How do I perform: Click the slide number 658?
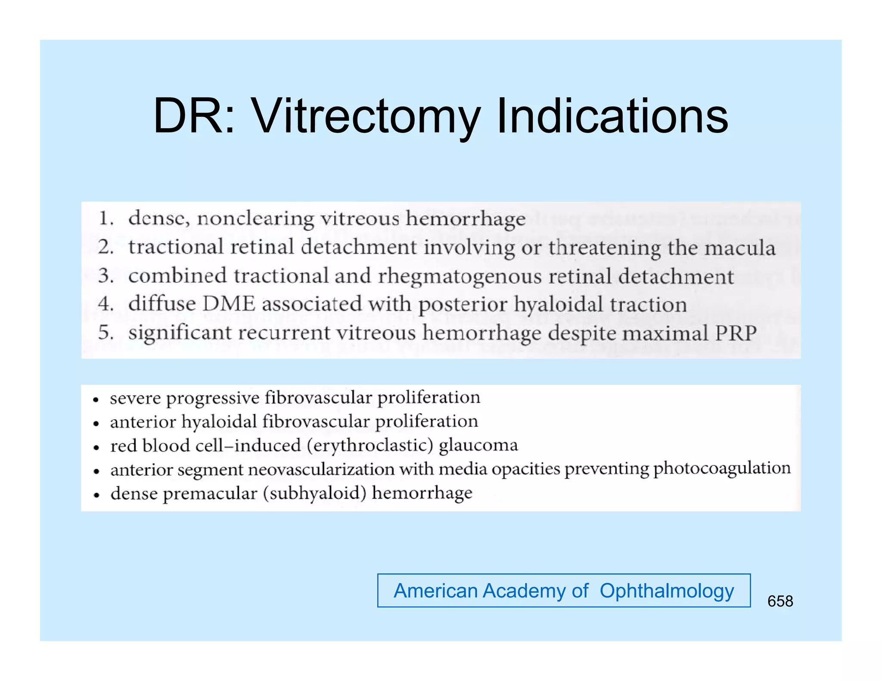pyautogui.click(x=780, y=601)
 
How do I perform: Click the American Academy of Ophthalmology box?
pyautogui.click(x=564, y=591)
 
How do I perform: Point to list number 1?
pyautogui.click(x=106, y=218)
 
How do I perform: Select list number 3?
pyautogui.click(x=106, y=275)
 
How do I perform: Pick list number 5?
pyautogui.click(x=106, y=333)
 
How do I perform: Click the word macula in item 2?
pyautogui.click(x=739, y=248)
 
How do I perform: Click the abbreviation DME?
pyautogui.click(x=229, y=304)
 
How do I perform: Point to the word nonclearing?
pyautogui.click(x=255, y=219)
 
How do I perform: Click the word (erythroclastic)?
pyautogui.click(x=370, y=445)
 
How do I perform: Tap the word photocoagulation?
pyautogui.click(x=722, y=468)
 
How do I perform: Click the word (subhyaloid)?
pyautogui.click(x=314, y=493)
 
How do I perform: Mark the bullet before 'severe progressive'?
pyautogui.click(x=96, y=399)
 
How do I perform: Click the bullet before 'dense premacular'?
pyautogui.click(x=96, y=495)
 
